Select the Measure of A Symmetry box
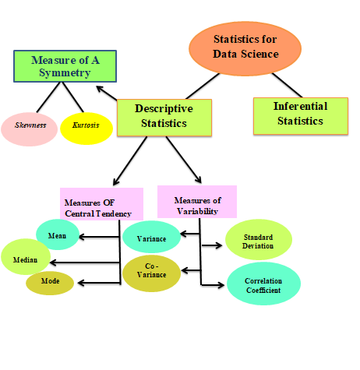tap(65, 66)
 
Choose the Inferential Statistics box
tap(299, 115)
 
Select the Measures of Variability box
tap(196, 203)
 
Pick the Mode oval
tap(50, 281)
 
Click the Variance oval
tap(151, 237)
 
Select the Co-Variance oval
tap(151, 273)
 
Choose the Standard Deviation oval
tap(258, 240)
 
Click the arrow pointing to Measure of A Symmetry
tap(106, 93)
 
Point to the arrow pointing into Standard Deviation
tap(212, 245)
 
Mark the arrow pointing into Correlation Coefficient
tap(212, 285)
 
